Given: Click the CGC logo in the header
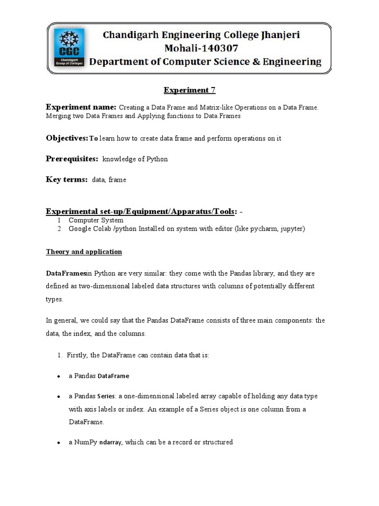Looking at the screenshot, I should click(69, 47).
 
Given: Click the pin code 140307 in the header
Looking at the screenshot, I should click(213, 48).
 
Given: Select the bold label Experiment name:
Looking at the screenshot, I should click(81, 107).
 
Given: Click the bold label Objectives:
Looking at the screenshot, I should click(67, 138).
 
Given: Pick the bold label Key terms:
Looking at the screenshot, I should click(67, 179).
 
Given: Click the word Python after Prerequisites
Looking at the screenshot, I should click(157, 159).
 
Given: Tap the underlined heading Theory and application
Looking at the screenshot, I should click(84, 252).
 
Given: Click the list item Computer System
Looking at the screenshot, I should click(96, 220).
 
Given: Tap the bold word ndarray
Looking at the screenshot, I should click(111, 442).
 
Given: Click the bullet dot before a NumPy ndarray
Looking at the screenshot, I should click(58, 443).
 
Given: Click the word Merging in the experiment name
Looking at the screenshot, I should click(59, 116).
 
